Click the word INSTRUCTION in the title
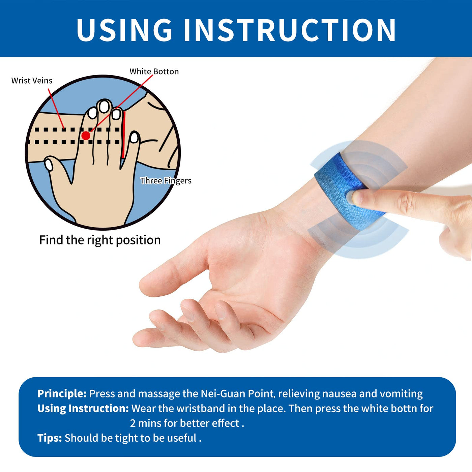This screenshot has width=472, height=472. (290, 30)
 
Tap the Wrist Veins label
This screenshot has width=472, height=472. (32, 81)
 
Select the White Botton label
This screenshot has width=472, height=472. (154, 71)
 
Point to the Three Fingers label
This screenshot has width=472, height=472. (166, 180)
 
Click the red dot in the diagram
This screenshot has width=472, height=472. (86, 136)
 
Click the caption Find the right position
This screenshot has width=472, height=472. (100, 240)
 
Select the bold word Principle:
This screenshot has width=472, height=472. (62, 394)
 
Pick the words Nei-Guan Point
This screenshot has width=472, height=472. (237, 394)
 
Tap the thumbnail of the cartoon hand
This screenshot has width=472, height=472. (49, 165)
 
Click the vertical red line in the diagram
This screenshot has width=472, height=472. (123, 135)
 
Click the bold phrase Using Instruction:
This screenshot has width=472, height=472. (83, 409)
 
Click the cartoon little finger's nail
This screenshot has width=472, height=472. (134, 138)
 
